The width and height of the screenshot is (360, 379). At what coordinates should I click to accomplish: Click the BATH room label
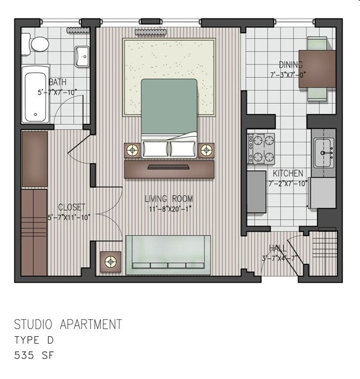pos(58,83)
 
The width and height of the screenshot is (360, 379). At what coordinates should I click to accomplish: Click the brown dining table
pos(317,69)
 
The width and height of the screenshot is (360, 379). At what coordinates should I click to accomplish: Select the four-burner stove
pos(261,148)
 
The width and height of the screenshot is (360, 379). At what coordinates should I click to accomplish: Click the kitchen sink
pos(323,151)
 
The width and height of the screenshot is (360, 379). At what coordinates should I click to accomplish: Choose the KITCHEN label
pos(287,173)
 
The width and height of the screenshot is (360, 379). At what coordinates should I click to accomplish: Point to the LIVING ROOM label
pos(169,199)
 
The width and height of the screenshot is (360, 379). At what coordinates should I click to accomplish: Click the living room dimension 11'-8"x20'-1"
pos(169,209)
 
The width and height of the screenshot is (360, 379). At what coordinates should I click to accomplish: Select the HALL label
pos(277,248)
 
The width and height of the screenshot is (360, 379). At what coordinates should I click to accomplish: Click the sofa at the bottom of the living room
pos(168,254)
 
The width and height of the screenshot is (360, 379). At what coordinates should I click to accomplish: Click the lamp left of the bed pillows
pos(132,149)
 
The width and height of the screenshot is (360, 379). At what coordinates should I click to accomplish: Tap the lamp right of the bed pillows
pos(206,149)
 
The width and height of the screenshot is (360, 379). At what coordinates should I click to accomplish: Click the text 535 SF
pos(34,355)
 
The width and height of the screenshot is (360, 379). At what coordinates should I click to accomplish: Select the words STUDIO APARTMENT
pos(68,324)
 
